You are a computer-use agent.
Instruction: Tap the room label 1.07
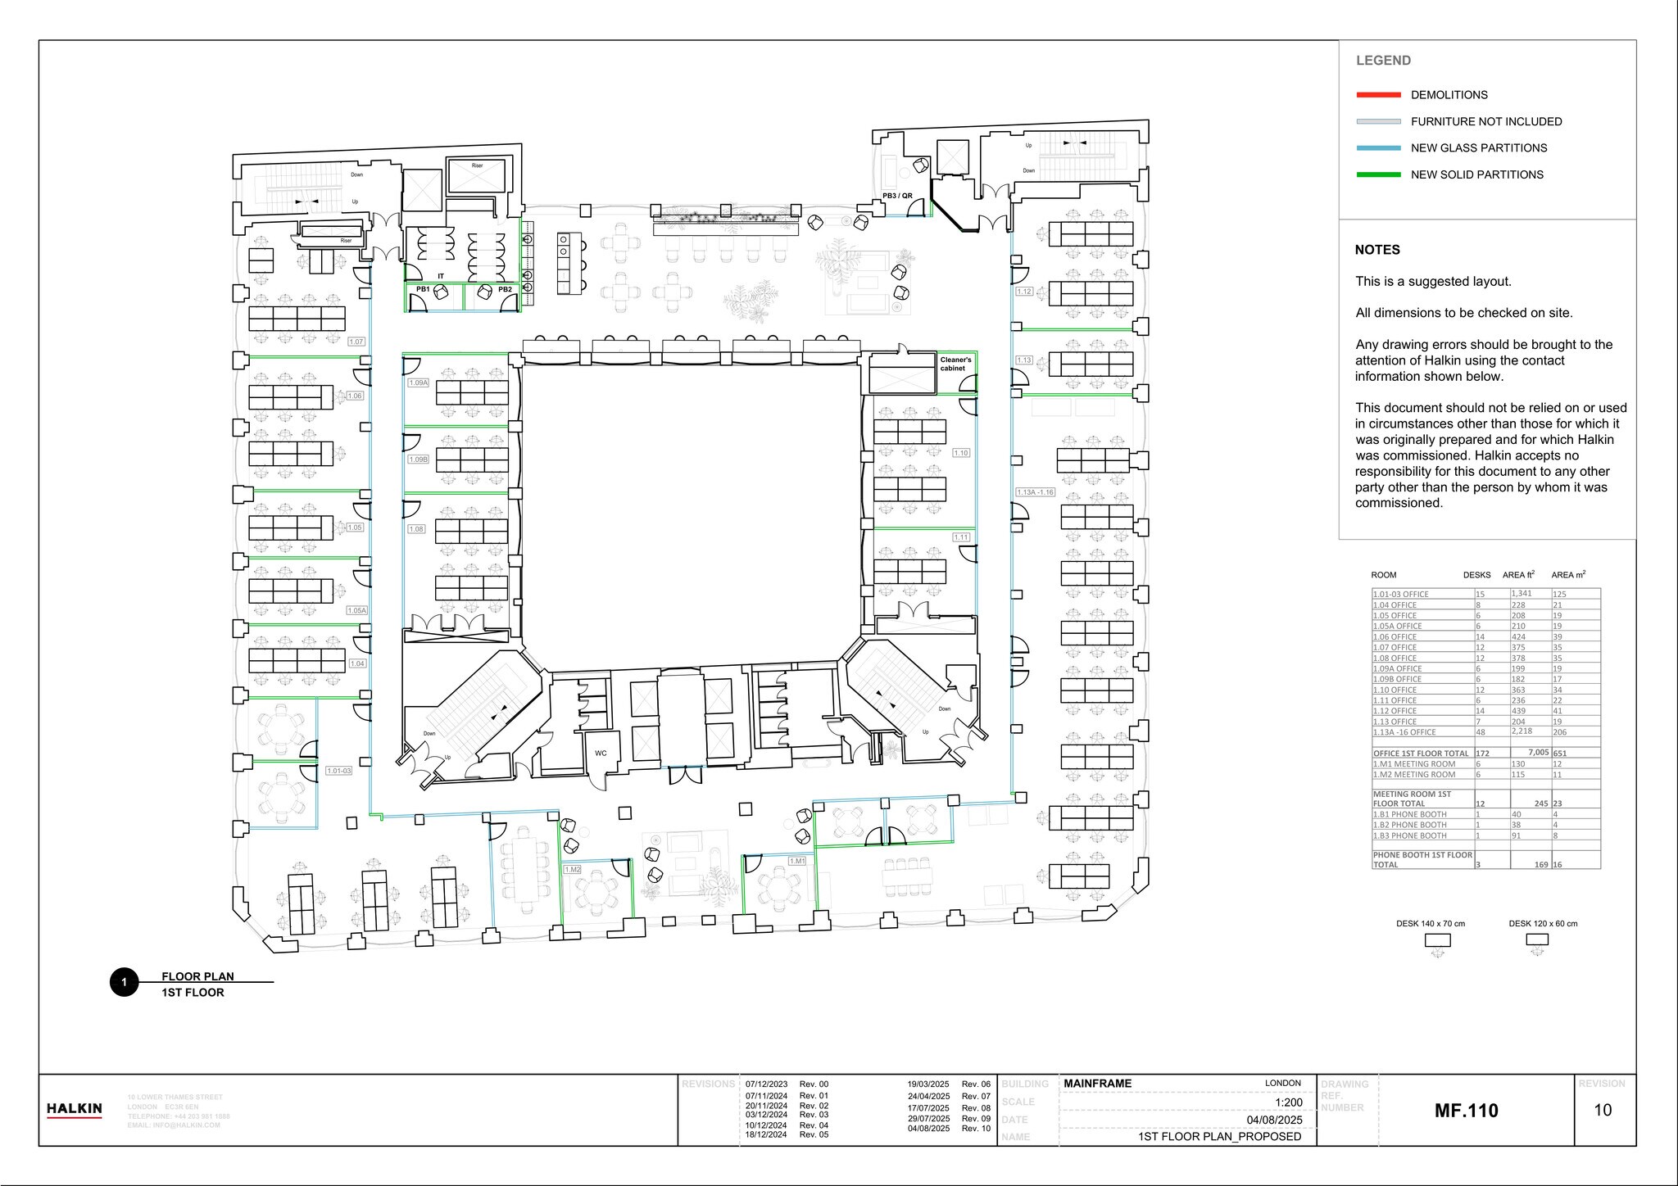tap(356, 342)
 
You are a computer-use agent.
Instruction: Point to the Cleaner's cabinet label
tap(955, 364)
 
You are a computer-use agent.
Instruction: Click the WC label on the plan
tap(601, 753)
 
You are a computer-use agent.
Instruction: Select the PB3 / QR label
tap(897, 196)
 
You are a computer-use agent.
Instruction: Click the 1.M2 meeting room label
tap(572, 869)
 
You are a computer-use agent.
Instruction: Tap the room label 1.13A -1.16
tap(1035, 492)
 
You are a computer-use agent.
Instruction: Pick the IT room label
tap(441, 276)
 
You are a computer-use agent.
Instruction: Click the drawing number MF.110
tap(1466, 1111)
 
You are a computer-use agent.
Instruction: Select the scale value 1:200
tap(1289, 1102)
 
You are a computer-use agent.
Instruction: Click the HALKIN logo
tap(75, 1110)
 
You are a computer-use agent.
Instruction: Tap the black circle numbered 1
tap(124, 982)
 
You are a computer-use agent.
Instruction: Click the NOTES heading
tap(1377, 250)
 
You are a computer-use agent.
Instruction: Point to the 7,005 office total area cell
tap(1538, 753)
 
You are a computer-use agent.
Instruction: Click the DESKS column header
tap(1476, 575)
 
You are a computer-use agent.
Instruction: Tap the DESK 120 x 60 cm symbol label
tap(1543, 924)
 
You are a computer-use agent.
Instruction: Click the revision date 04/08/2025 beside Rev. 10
tap(928, 1129)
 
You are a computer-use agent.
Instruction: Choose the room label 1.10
tap(961, 453)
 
